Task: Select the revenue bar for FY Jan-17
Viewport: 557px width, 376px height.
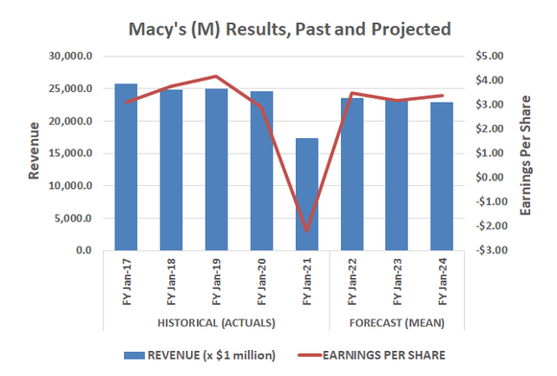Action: click(126, 168)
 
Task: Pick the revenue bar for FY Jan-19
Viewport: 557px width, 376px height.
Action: click(216, 170)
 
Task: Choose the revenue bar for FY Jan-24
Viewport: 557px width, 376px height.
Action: click(442, 176)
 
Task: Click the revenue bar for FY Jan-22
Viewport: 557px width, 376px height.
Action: click(351, 175)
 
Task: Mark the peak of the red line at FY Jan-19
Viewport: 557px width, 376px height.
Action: click(216, 77)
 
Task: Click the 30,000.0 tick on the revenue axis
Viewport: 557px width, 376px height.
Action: click(71, 57)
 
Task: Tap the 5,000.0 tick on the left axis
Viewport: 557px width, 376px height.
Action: click(74, 218)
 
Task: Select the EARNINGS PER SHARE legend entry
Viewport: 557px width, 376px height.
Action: click(381, 355)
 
